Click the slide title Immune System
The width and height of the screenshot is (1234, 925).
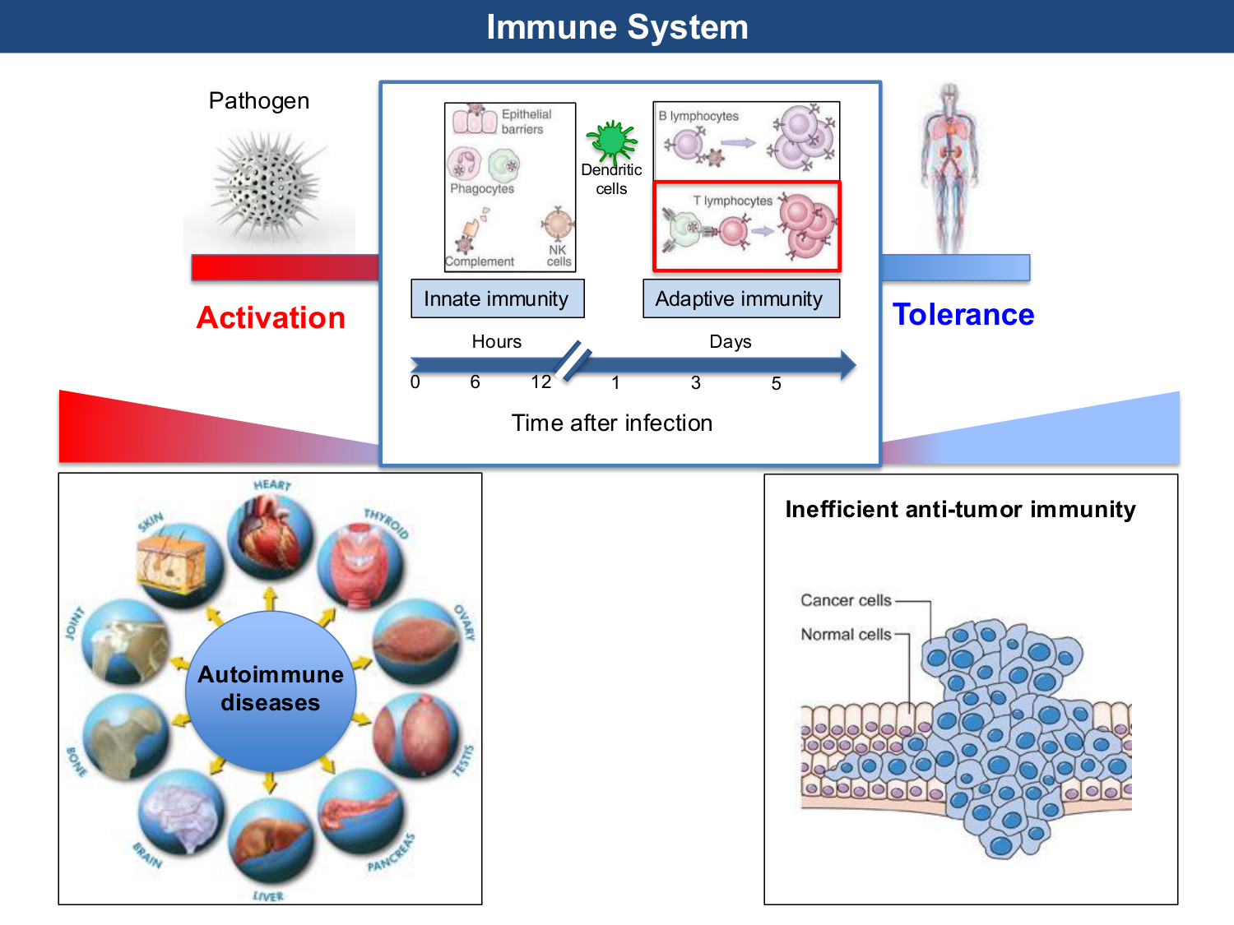click(617, 27)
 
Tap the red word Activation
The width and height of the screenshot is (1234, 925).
click(271, 317)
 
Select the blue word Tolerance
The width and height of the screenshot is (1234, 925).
click(963, 314)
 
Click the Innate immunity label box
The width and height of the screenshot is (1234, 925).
click(497, 298)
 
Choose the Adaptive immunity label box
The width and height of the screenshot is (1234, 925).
click(740, 298)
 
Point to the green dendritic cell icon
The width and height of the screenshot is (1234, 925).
click(611, 141)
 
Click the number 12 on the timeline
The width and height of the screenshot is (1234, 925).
click(540, 382)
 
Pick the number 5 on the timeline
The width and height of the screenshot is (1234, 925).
click(776, 383)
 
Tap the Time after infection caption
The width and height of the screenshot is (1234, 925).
click(611, 423)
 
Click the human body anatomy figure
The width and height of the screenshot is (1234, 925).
click(950, 169)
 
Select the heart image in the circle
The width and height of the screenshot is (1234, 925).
click(270, 536)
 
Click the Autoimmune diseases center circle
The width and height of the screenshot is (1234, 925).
click(271, 689)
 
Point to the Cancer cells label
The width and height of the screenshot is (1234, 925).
click(846, 600)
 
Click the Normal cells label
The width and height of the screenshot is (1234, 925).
click(846, 634)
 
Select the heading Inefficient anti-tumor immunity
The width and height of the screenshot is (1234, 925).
click(960, 509)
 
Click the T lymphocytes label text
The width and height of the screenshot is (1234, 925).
click(732, 201)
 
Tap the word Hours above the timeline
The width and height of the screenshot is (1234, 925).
click(496, 341)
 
